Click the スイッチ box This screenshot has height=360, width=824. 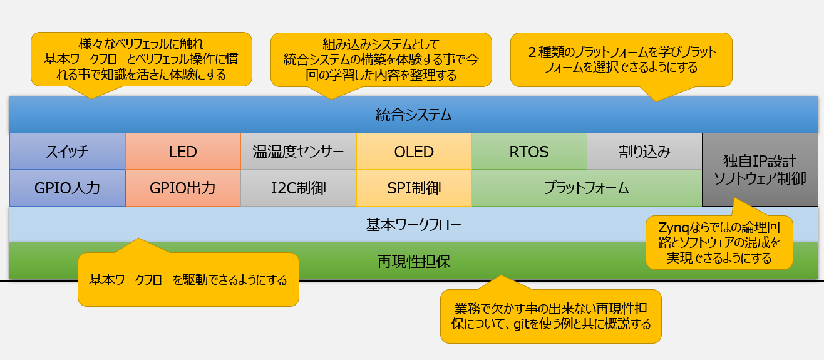(68, 152)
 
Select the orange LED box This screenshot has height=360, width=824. (183, 152)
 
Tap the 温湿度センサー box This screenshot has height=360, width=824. (298, 152)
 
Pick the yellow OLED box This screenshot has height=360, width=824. (414, 152)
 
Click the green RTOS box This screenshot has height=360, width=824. (529, 152)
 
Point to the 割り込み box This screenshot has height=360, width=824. (644, 152)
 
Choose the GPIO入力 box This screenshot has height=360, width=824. (68, 188)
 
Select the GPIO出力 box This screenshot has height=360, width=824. (183, 188)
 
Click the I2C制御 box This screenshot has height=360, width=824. (298, 188)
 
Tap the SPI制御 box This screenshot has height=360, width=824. (414, 188)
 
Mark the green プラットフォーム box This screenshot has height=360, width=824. (587, 188)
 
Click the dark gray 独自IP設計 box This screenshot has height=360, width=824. (760, 169)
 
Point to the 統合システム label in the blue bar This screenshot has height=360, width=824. (414, 115)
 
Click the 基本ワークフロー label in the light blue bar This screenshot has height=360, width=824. (414, 225)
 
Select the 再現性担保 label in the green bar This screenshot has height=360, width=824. (414, 261)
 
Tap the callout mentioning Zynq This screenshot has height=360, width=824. (719, 242)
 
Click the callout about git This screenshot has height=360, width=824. (551, 316)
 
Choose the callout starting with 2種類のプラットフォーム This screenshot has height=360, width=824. (621, 59)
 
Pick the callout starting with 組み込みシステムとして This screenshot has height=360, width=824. (381, 59)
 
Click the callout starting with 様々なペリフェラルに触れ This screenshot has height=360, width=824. (141, 59)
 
